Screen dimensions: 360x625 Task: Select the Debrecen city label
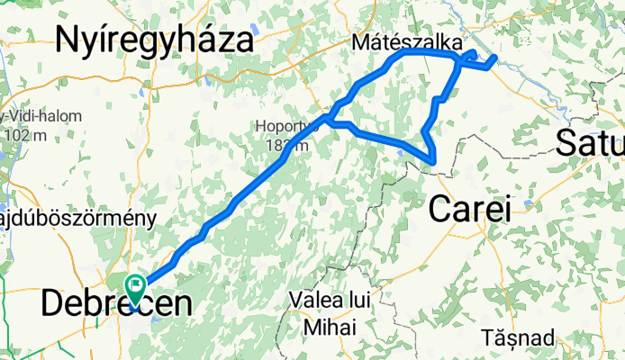click(116, 303)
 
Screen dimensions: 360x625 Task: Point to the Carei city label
click(469, 209)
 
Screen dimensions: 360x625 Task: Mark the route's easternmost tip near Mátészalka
click(494, 59)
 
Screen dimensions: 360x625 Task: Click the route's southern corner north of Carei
click(434, 162)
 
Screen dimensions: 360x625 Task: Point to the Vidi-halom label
click(45, 116)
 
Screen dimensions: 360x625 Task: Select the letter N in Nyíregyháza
click(69, 40)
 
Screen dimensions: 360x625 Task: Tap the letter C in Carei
click(439, 209)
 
